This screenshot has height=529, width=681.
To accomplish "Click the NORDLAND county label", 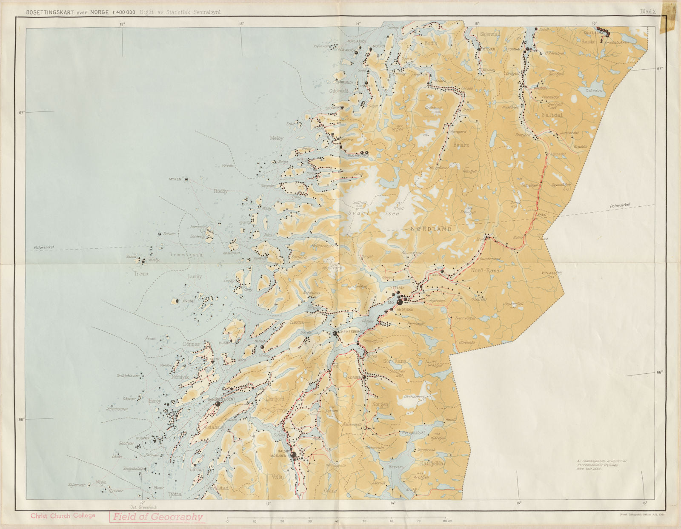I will click(x=431, y=229).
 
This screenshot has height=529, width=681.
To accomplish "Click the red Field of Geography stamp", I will click(x=157, y=517).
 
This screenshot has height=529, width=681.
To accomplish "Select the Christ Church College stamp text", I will click(x=63, y=516).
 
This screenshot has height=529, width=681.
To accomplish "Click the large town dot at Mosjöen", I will click(x=293, y=455).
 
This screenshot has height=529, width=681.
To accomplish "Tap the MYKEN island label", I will click(x=175, y=179).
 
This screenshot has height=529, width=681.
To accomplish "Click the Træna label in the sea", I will click(x=140, y=274).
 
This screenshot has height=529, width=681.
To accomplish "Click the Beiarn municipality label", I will click(x=461, y=145).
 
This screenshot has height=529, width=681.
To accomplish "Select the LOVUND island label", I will click(x=188, y=301).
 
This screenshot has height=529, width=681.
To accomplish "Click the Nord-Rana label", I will click(x=485, y=270).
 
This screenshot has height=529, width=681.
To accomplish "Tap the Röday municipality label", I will click(x=220, y=191).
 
